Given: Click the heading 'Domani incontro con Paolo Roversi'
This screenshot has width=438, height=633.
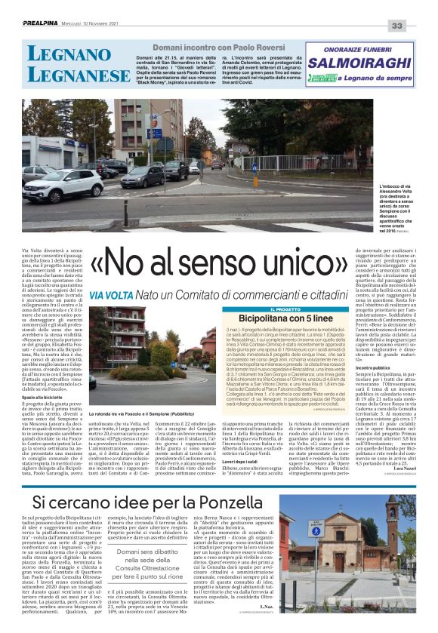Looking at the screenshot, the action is tap(216, 46).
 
